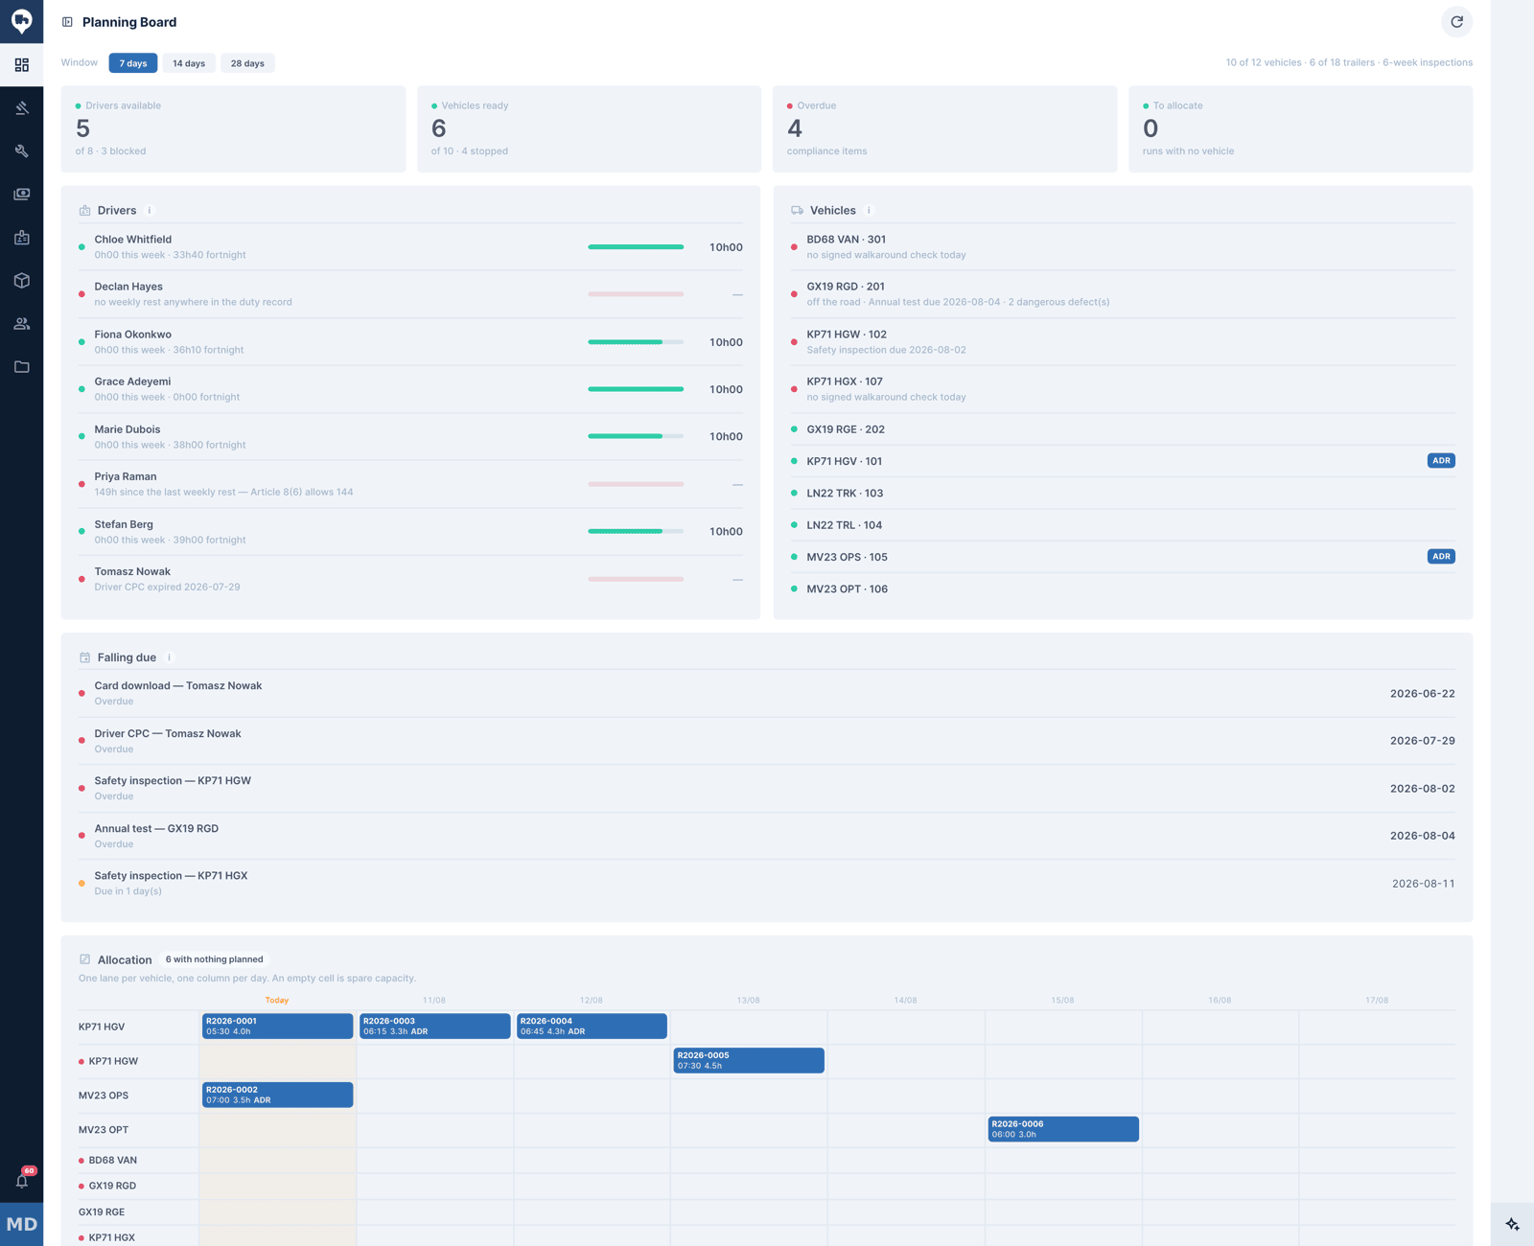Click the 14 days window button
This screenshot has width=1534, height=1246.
coord(189,63)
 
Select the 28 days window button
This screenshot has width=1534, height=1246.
coord(247,63)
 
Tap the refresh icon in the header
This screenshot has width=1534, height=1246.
coord(1456,22)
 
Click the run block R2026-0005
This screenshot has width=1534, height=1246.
coord(748,1060)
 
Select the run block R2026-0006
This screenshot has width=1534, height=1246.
coord(1063,1129)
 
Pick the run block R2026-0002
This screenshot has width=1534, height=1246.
coord(277,1095)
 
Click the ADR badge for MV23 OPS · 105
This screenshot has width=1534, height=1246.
coord(1440,557)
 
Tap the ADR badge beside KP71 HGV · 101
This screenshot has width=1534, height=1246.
coord(1440,461)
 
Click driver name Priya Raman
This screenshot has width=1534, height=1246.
coord(126,476)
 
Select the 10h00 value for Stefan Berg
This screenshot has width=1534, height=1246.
coord(725,531)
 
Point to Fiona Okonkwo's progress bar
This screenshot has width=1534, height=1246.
coord(636,342)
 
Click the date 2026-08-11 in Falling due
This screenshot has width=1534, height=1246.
coord(1423,883)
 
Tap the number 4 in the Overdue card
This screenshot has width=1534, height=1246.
coord(795,128)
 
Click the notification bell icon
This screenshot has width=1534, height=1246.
coord(22,1181)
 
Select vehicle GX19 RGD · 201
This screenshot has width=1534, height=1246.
coord(846,287)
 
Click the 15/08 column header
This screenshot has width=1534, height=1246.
coord(1062,1000)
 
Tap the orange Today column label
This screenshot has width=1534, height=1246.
coord(276,1000)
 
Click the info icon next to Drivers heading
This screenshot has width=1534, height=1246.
coord(149,210)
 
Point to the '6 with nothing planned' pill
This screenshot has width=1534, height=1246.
coord(214,958)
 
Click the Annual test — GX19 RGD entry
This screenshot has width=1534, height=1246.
coord(156,828)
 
